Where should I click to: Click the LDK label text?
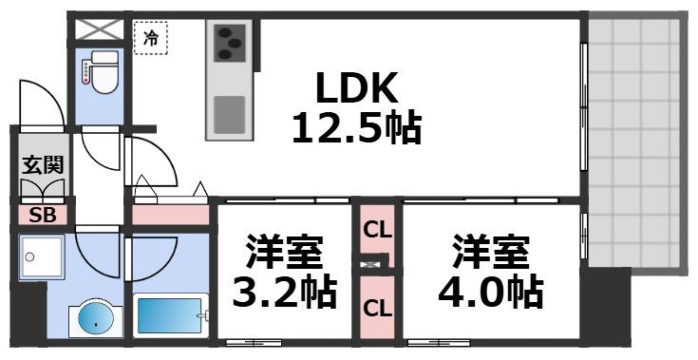(x=354, y=88)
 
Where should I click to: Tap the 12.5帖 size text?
(x=355, y=126)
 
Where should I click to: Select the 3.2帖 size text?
(x=285, y=293)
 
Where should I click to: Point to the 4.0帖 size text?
(x=490, y=292)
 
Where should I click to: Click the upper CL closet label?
(x=377, y=229)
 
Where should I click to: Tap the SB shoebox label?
(x=43, y=215)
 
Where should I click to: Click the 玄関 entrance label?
(x=41, y=164)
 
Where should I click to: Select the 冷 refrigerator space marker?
(x=151, y=39)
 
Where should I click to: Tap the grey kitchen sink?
(x=229, y=114)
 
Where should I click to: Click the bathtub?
(x=170, y=314)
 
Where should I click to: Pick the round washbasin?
(x=92, y=318)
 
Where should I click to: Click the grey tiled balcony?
(x=633, y=142)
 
